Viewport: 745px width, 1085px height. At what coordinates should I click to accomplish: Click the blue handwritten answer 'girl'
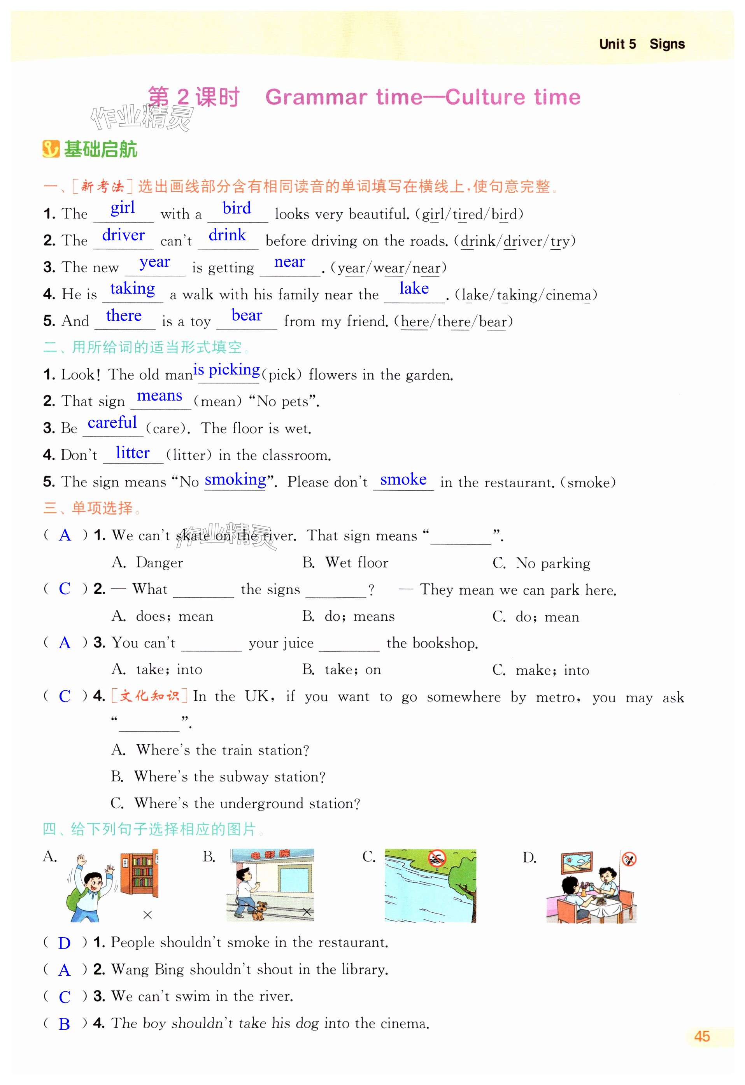coord(123,208)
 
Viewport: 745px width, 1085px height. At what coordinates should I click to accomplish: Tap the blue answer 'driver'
coord(123,235)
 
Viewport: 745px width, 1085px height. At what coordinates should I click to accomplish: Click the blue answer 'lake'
coord(414,289)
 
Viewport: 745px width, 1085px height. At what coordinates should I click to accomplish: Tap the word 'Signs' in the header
coord(667,44)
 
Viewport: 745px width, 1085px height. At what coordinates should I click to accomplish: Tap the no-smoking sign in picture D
coord(629,859)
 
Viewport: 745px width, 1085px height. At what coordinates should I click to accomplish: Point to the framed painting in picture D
coord(577,864)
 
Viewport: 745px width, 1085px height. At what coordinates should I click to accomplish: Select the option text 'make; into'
coord(552,670)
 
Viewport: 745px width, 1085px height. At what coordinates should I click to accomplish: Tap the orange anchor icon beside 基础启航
coord(51,149)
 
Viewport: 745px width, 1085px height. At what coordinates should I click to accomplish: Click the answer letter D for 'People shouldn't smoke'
coord(65,943)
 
